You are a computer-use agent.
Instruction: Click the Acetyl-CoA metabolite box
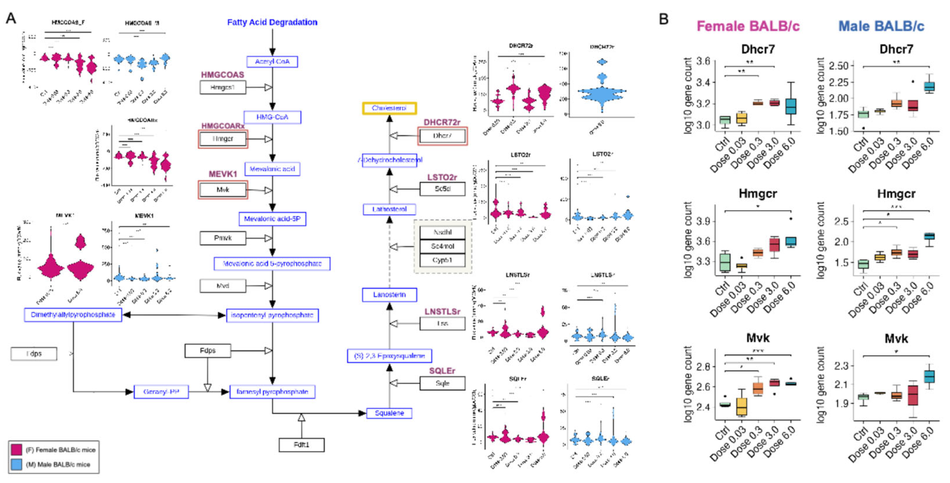pyautogui.click(x=272, y=61)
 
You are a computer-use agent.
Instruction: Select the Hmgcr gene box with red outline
pyautogui.click(x=223, y=139)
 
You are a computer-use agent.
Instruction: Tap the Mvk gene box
pyautogui.click(x=223, y=190)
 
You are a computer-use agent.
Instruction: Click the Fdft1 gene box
pyautogui.click(x=301, y=445)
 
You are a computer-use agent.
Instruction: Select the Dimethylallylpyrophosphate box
pyautogui.click(x=73, y=315)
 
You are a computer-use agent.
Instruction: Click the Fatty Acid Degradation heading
pyautogui.click(x=272, y=22)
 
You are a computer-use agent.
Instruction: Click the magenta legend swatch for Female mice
pyautogui.click(x=16, y=449)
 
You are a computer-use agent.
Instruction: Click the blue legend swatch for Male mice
pyautogui.click(x=16, y=464)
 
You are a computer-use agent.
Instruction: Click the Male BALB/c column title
pyautogui.click(x=881, y=26)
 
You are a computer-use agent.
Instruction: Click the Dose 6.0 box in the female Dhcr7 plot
pyautogui.click(x=791, y=106)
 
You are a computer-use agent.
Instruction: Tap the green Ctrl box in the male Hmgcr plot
pyautogui.click(x=863, y=264)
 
